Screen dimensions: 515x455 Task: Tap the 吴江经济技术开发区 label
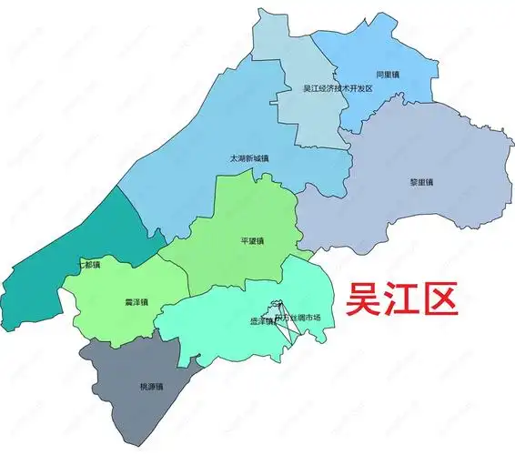pos(338,88)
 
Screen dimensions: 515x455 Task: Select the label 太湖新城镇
pos(250,158)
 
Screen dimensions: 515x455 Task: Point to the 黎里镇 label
pos(421,182)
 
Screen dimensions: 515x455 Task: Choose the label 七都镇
pos(90,266)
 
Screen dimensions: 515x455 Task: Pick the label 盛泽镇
pos(261,320)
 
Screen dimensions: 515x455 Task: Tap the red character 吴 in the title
pos(361,298)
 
